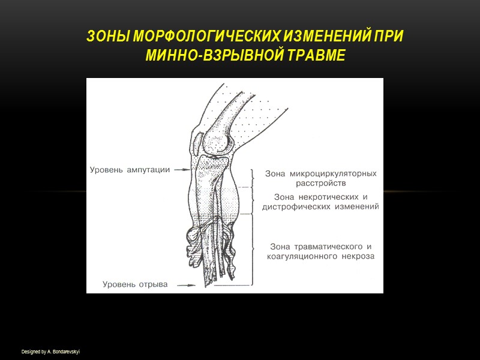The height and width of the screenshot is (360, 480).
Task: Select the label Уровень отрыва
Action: click(x=135, y=284)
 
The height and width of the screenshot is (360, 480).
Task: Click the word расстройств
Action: click(x=320, y=183)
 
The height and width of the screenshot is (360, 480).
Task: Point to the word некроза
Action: click(x=359, y=256)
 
